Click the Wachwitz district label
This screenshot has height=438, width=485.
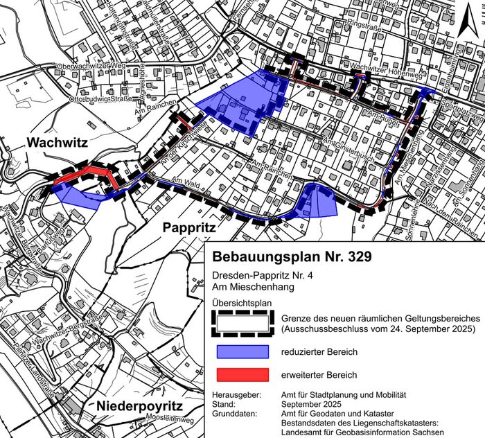[x=57, y=143]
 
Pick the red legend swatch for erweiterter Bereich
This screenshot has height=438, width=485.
[x=241, y=375]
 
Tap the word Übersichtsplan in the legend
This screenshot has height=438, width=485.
[x=240, y=303]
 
